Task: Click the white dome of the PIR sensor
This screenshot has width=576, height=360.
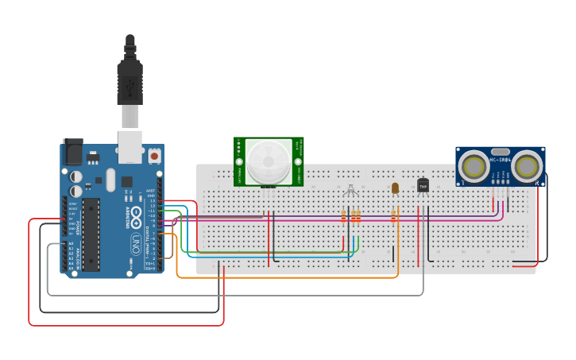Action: click(268, 162)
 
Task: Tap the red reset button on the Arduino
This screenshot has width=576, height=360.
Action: click(153, 156)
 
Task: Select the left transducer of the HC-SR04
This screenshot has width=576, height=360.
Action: click(474, 167)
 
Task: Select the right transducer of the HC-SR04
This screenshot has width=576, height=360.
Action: click(526, 167)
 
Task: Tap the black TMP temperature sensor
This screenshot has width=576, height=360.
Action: click(423, 185)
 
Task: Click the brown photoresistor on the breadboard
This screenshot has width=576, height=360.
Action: click(395, 188)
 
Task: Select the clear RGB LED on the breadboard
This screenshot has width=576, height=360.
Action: click(350, 190)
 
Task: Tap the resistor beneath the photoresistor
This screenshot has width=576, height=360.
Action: click(393, 215)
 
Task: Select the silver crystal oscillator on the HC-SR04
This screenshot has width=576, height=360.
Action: click(500, 151)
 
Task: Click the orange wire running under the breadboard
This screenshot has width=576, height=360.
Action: click(286, 277)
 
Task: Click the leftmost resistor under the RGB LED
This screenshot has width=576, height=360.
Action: click(344, 215)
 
